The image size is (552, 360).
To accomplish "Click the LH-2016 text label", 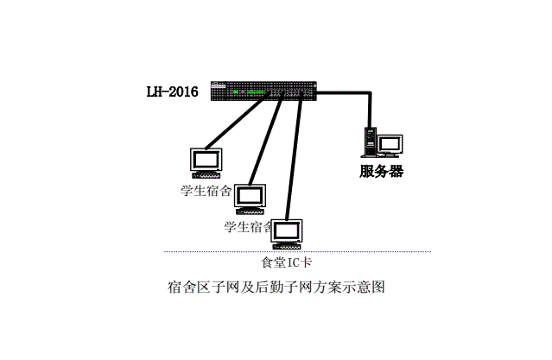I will (172, 91).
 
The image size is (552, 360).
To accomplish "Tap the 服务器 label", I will (381, 171).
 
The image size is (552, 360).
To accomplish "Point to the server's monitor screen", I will (391, 143).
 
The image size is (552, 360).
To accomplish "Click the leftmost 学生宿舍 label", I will (205, 190).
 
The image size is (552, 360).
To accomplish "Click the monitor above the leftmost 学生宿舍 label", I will (207, 160).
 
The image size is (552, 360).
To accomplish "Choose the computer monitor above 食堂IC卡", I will (289, 231).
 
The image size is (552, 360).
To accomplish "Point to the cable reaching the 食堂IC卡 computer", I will (294, 155).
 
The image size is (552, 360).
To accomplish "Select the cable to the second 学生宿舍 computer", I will (266, 138).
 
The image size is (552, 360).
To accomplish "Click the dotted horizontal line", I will (363, 252).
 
